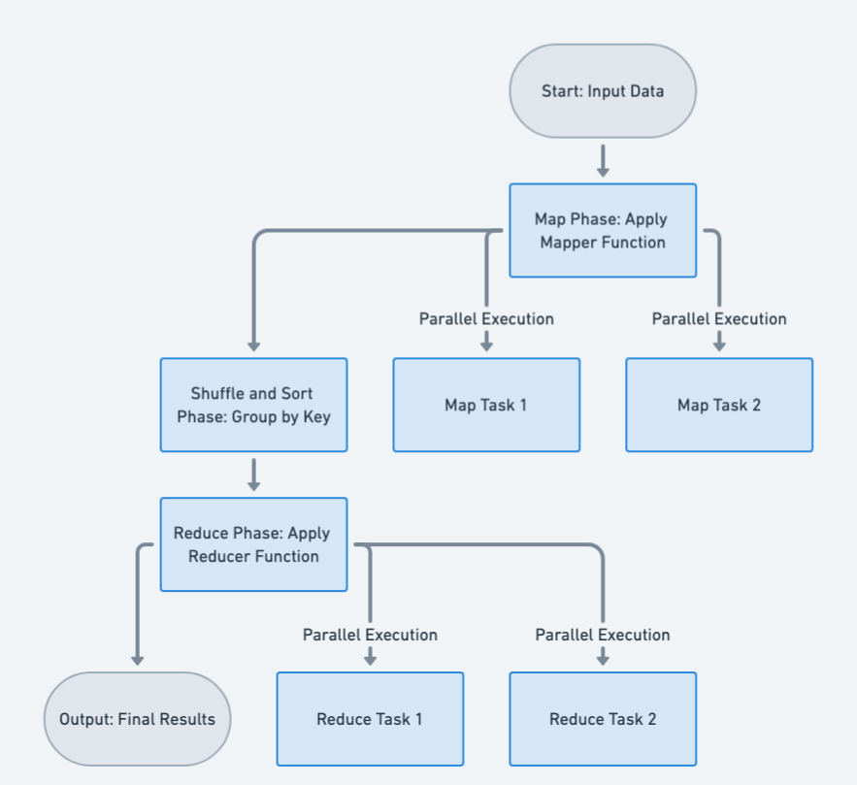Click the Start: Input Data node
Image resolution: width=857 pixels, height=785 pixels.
pyautogui.click(x=603, y=91)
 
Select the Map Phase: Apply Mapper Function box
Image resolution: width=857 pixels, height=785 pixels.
pyautogui.click(x=603, y=231)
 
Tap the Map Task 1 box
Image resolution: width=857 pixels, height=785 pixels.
pyautogui.click(x=486, y=405)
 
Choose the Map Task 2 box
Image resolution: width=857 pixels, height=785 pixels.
pyautogui.click(x=719, y=405)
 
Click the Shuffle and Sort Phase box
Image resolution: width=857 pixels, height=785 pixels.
pyautogui.click(x=253, y=405)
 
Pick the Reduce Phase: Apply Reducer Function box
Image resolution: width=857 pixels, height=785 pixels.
pyautogui.click(x=253, y=544)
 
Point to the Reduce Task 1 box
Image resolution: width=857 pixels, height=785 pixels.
pyautogui.click(x=370, y=719)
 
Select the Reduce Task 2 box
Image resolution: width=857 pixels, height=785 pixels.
pyautogui.click(x=603, y=719)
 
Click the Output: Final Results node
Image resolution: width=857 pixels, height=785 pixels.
pyautogui.click(x=137, y=719)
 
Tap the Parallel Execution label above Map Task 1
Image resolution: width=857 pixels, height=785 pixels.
pyautogui.click(x=486, y=318)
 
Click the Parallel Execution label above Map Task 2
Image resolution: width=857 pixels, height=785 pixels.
pyautogui.click(x=719, y=318)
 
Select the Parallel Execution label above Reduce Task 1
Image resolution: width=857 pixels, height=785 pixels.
pyautogui.click(x=370, y=635)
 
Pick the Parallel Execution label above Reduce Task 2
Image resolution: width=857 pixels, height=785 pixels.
pyautogui.click(x=603, y=635)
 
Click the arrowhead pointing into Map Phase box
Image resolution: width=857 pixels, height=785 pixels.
pyautogui.click(x=603, y=171)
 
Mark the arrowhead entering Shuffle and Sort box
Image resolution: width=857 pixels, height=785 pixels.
pyautogui.click(x=253, y=344)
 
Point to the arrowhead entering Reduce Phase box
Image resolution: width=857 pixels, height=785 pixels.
pyautogui.click(x=253, y=484)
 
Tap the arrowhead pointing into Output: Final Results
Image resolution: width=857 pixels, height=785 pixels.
pyautogui.click(x=137, y=659)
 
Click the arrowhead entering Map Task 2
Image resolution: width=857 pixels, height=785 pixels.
pyautogui.click(x=719, y=344)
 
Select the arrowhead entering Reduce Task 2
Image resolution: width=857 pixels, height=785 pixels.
pyautogui.click(x=603, y=659)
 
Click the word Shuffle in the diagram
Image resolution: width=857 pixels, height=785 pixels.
pyautogui.click(x=217, y=393)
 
